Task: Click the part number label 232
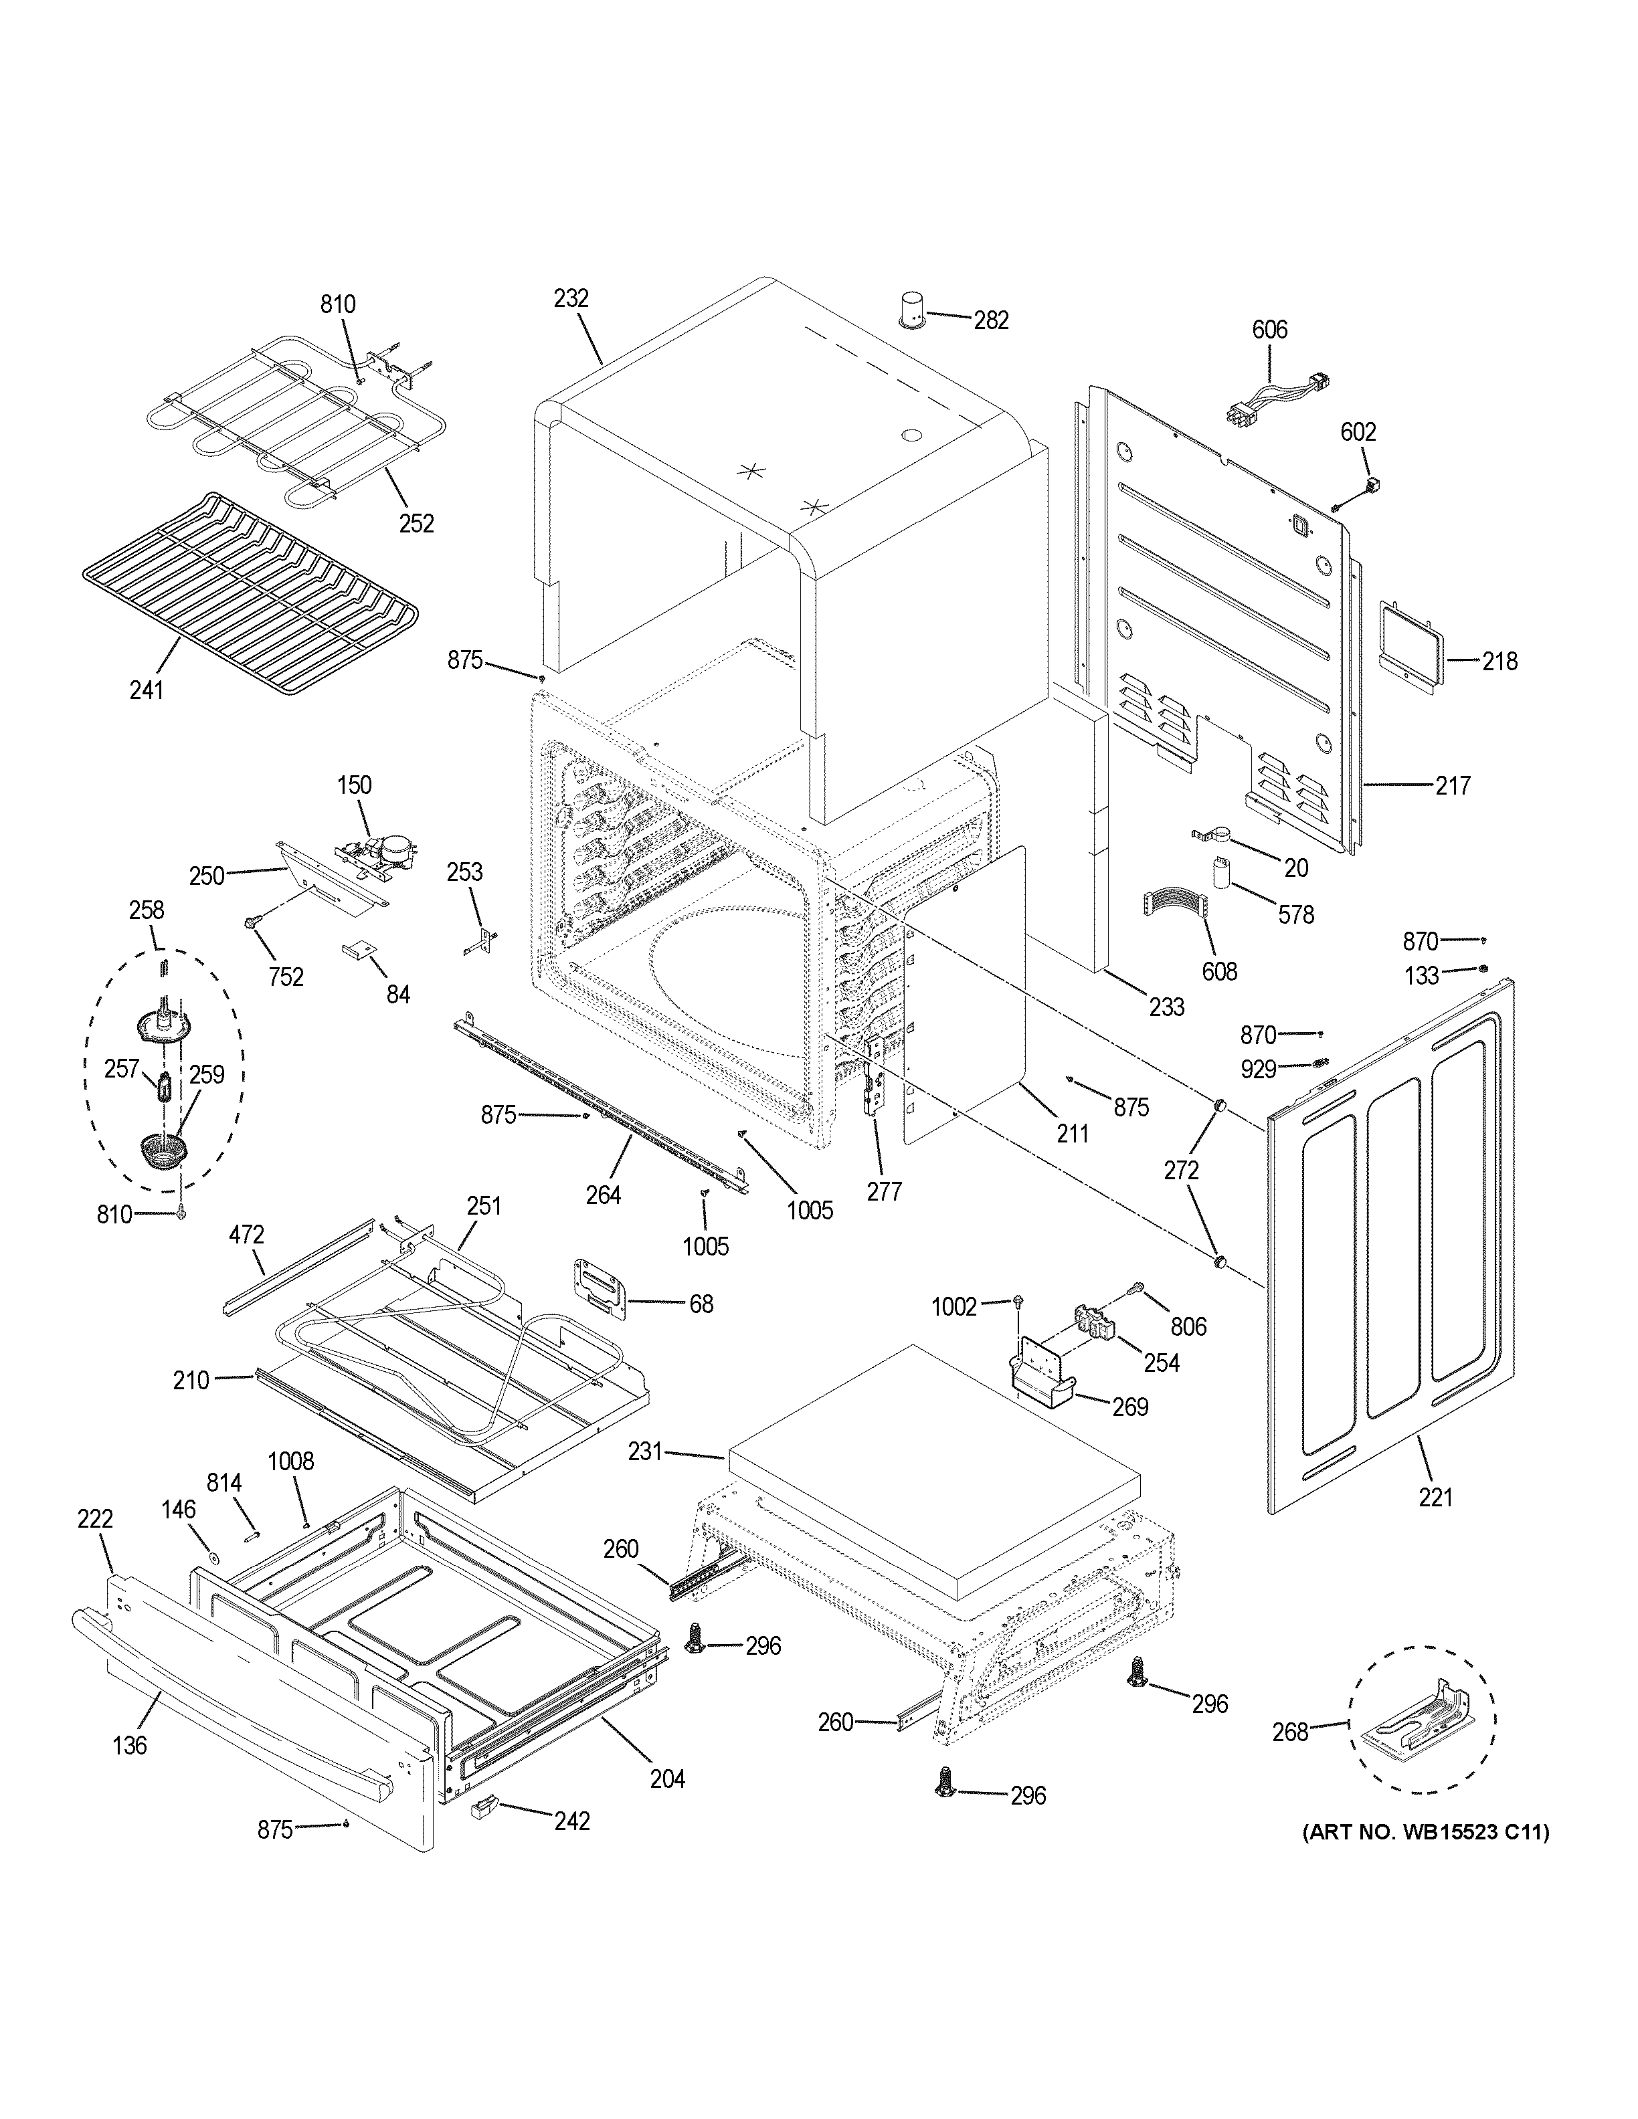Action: tap(571, 299)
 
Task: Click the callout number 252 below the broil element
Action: tap(416, 523)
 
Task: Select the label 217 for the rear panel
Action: tap(1453, 785)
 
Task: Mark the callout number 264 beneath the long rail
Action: tap(603, 1195)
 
